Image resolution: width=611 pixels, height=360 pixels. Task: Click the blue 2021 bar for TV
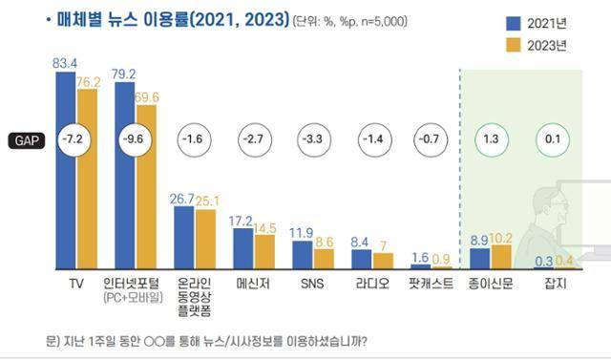66,172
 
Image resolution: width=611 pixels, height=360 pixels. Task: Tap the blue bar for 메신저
243,248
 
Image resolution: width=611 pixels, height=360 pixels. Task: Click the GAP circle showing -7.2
75,139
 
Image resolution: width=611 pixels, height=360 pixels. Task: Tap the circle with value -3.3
312,139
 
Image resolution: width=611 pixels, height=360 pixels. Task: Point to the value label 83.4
65,62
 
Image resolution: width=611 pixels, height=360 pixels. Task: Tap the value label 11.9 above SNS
302,231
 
